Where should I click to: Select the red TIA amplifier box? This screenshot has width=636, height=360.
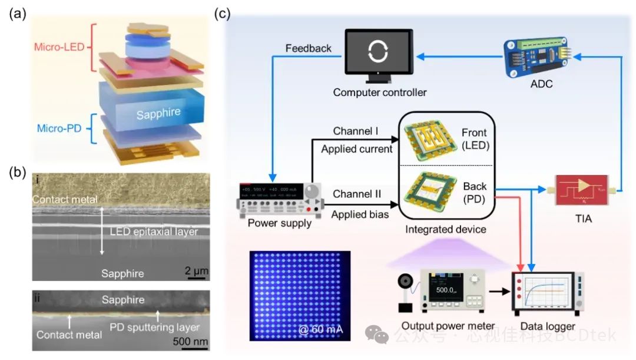point(579,190)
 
